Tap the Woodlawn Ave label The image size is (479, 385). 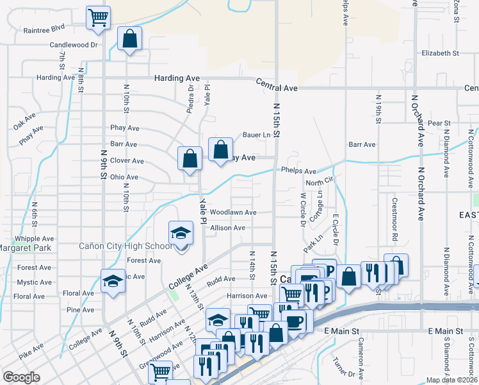click(233, 212)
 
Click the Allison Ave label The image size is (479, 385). click(227, 227)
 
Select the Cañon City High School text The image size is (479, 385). click(125, 246)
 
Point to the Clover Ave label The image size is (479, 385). click(127, 160)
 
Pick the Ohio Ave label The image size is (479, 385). click(124, 176)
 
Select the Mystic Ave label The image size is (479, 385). click(35, 282)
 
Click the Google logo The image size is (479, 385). click(22, 377)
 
